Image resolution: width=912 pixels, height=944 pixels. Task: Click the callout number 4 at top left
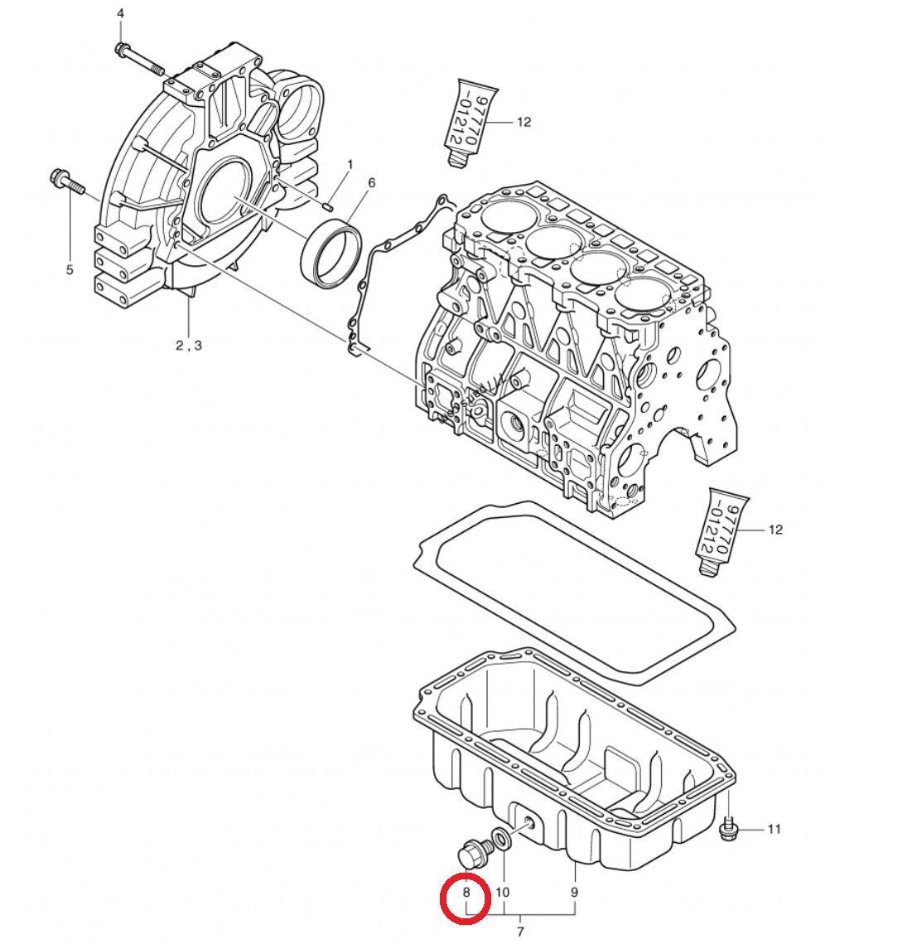pos(120,13)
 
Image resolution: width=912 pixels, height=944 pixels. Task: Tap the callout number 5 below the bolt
pos(70,269)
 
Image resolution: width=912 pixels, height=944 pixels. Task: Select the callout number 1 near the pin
pos(350,164)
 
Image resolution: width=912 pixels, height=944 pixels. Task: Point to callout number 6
pos(371,182)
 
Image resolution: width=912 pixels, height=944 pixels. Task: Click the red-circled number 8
pos(466,893)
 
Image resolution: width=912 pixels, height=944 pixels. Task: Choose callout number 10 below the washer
pos(502,893)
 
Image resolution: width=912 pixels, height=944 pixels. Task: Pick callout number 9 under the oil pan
pos(575,893)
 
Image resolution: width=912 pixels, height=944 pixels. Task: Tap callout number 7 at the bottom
pos(520,932)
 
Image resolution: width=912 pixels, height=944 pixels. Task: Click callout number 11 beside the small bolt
pos(774,829)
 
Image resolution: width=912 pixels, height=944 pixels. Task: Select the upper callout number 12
pos(524,122)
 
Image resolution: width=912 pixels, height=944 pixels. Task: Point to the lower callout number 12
pos(775,530)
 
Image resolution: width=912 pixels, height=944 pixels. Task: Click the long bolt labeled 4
pos(139,61)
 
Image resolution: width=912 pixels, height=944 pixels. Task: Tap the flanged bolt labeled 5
pos(67,182)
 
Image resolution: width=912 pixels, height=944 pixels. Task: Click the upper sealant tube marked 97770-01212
pos(470,121)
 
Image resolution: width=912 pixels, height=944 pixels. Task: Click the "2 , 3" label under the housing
pos(189,346)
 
